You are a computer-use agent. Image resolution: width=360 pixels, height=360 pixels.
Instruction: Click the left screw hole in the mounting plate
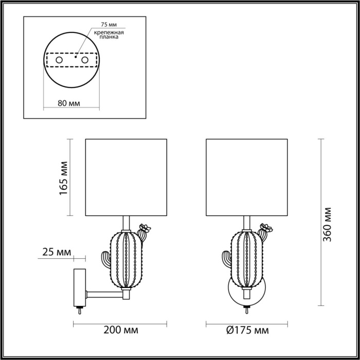point(59,61)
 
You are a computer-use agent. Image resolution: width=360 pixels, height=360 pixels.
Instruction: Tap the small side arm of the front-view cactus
point(226,258)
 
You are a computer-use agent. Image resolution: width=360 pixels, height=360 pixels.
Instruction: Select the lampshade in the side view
point(125,177)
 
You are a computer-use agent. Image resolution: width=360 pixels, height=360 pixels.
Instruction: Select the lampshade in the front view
point(246,177)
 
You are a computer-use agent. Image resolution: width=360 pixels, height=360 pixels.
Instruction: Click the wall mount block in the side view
point(80,286)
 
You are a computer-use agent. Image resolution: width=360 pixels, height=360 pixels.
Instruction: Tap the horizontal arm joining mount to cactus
point(105,294)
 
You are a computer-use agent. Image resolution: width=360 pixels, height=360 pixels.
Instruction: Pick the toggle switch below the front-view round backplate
point(246,310)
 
